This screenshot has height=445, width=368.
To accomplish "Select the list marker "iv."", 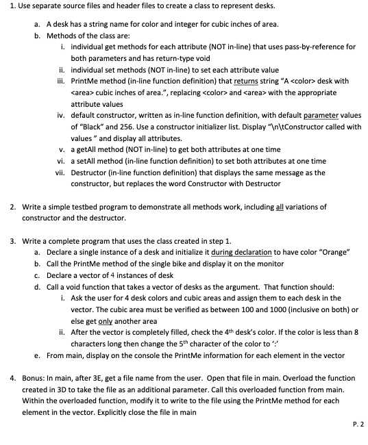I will (x=62, y=116).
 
